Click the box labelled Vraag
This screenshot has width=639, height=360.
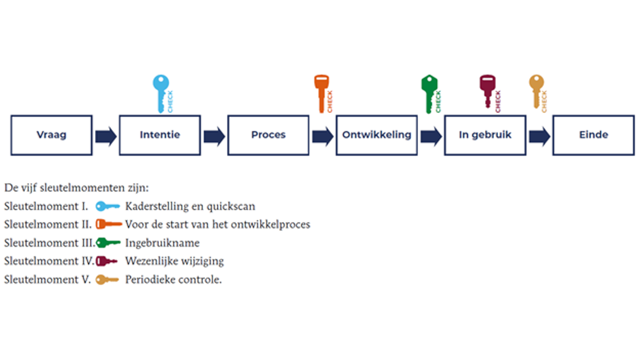(x=51, y=135)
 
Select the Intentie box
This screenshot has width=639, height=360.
(x=159, y=135)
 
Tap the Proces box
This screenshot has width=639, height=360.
(x=268, y=135)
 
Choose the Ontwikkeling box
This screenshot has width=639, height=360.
(x=376, y=135)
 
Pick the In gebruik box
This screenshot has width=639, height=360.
(x=485, y=135)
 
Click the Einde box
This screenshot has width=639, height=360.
(x=594, y=135)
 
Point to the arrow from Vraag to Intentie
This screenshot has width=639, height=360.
(x=105, y=136)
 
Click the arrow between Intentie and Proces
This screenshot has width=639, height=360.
(x=214, y=136)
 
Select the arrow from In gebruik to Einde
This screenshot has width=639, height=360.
(x=539, y=136)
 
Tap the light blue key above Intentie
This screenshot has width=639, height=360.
(x=161, y=91)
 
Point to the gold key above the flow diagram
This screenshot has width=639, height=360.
(x=537, y=90)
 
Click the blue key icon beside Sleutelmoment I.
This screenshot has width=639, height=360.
(x=108, y=206)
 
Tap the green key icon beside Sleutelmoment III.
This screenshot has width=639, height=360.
(x=108, y=243)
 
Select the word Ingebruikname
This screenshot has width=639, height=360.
(x=162, y=243)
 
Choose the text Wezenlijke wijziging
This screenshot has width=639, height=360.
(x=174, y=262)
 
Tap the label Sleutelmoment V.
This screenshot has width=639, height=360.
(x=47, y=280)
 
